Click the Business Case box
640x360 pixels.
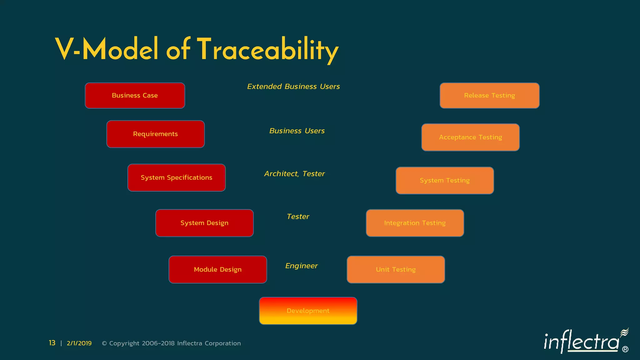135,96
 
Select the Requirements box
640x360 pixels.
155,134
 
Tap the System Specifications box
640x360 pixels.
176,177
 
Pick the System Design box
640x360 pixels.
204,223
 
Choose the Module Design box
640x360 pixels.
217,269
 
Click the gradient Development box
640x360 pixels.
308,311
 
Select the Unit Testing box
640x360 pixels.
396,269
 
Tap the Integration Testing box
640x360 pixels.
415,223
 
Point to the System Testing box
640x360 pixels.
444,180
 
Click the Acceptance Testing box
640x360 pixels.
470,137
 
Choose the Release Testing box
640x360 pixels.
489,96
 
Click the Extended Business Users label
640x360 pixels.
293,87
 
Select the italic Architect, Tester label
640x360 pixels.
294,174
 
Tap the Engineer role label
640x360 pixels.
301,266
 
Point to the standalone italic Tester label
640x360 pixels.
298,217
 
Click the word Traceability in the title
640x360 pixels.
267,50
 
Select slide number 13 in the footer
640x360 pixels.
52,343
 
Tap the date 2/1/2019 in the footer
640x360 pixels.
79,343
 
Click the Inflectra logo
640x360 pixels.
584,341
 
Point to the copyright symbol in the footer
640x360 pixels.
104,343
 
